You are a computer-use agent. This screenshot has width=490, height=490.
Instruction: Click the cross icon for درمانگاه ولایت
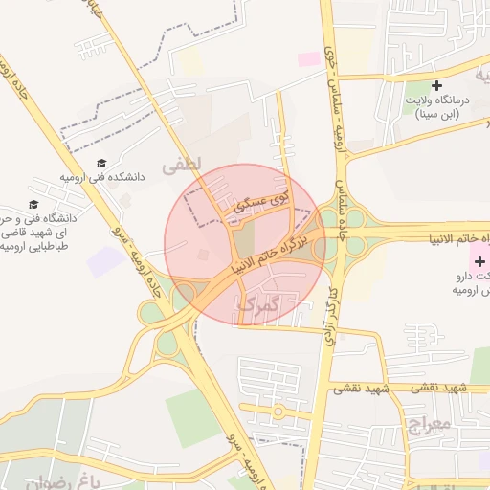(436, 86)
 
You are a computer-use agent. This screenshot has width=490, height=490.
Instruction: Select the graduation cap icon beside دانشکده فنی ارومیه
(101, 163)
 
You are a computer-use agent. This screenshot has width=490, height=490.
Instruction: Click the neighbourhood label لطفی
(182, 166)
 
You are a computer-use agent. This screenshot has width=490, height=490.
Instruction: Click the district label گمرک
(257, 305)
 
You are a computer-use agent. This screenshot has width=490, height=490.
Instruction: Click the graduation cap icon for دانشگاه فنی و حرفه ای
(34, 205)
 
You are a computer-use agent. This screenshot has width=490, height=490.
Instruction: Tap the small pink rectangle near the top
(309, 59)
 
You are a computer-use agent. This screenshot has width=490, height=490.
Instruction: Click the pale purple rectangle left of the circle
(104, 261)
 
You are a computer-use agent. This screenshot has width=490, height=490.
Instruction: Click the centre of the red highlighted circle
(245, 244)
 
